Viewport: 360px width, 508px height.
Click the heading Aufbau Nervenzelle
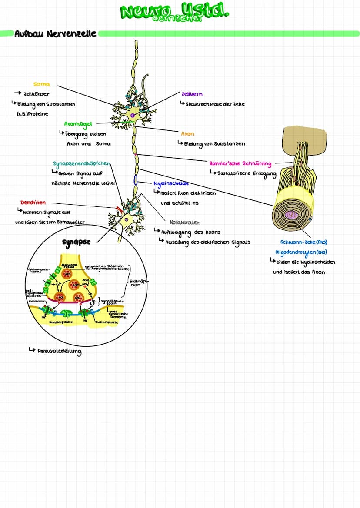55,33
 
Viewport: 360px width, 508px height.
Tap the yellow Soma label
41,84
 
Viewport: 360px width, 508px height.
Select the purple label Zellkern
192,94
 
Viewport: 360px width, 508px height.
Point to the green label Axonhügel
78,124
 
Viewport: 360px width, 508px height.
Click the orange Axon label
188,134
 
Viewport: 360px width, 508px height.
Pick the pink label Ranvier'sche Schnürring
240,164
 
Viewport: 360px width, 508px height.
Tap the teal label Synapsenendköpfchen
82,164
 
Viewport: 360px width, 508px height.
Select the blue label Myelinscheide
171,183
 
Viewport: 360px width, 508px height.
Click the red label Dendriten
33,203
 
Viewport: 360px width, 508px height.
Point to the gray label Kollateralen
185,222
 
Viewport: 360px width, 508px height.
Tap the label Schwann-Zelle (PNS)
304,242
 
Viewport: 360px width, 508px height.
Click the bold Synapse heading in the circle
76,242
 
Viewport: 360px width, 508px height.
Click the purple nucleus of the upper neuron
133,115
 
